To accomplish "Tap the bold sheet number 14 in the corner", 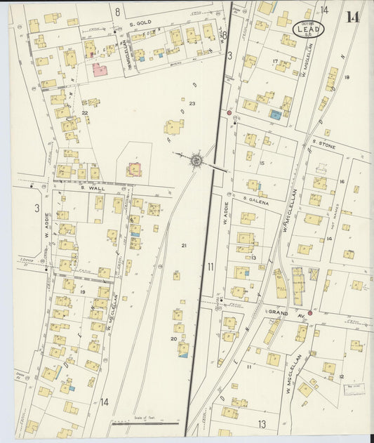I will tap(352, 18).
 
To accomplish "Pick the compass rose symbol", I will tap(197, 161).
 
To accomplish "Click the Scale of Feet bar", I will tap(145, 423).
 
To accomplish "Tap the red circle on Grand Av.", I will tap(309, 313).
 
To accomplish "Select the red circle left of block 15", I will tap(229, 112).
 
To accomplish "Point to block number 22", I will tap(84, 112).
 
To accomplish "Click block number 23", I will tap(191, 104).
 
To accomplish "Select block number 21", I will tap(184, 245).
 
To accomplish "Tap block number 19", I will tap(82, 291).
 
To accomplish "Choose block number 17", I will tap(275, 62).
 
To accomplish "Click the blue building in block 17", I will tap(276, 114).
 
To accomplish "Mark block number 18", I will tap(347, 77).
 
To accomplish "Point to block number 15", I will tap(262, 164).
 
